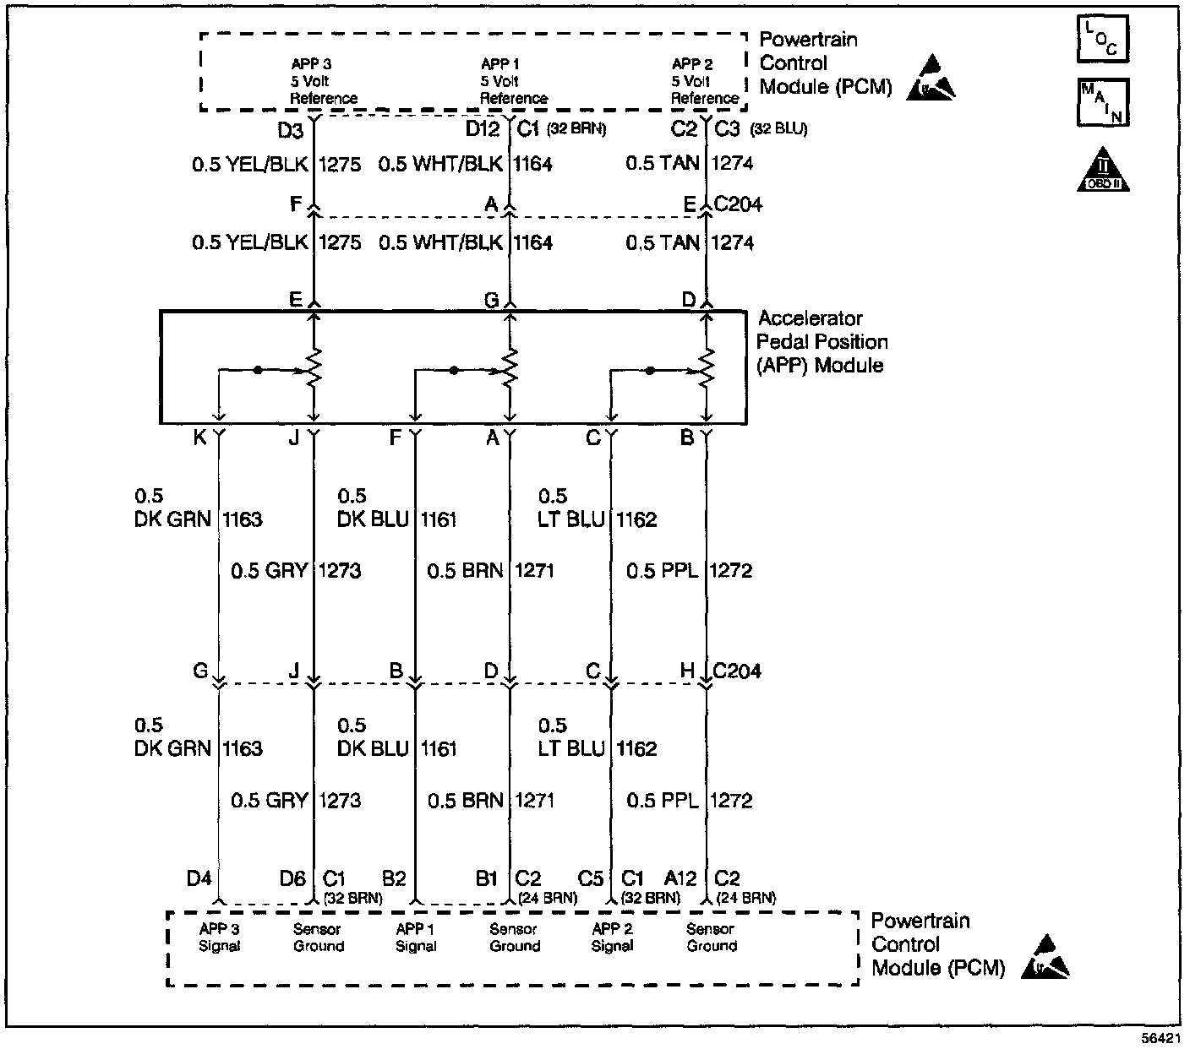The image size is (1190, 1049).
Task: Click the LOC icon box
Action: [x=1103, y=40]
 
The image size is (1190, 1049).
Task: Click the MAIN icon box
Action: [x=1103, y=103]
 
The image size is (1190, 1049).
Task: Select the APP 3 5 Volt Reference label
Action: [x=323, y=81]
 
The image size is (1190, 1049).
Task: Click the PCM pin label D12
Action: [x=483, y=129]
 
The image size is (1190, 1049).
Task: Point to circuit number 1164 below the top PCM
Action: [x=533, y=164]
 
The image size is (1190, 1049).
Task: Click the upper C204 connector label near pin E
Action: [x=738, y=204]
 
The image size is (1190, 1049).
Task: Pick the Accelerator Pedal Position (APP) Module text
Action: [x=822, y=342]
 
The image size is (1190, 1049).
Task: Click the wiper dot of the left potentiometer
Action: [x=258, y=369]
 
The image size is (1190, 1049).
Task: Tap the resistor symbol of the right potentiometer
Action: [x=707, y=368]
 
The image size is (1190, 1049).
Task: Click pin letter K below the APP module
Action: [x=199, y=438]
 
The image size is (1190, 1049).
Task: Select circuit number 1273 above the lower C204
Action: [x=340, y=571]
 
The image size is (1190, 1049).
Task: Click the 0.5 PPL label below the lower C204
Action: [x=662, y=801]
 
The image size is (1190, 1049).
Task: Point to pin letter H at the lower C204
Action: [x=688, y=671]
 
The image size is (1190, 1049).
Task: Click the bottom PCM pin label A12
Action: [x=680, y=879]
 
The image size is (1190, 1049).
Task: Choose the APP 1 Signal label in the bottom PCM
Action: [x=416, y=938]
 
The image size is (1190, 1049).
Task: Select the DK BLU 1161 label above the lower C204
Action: [x=396, y=519]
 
